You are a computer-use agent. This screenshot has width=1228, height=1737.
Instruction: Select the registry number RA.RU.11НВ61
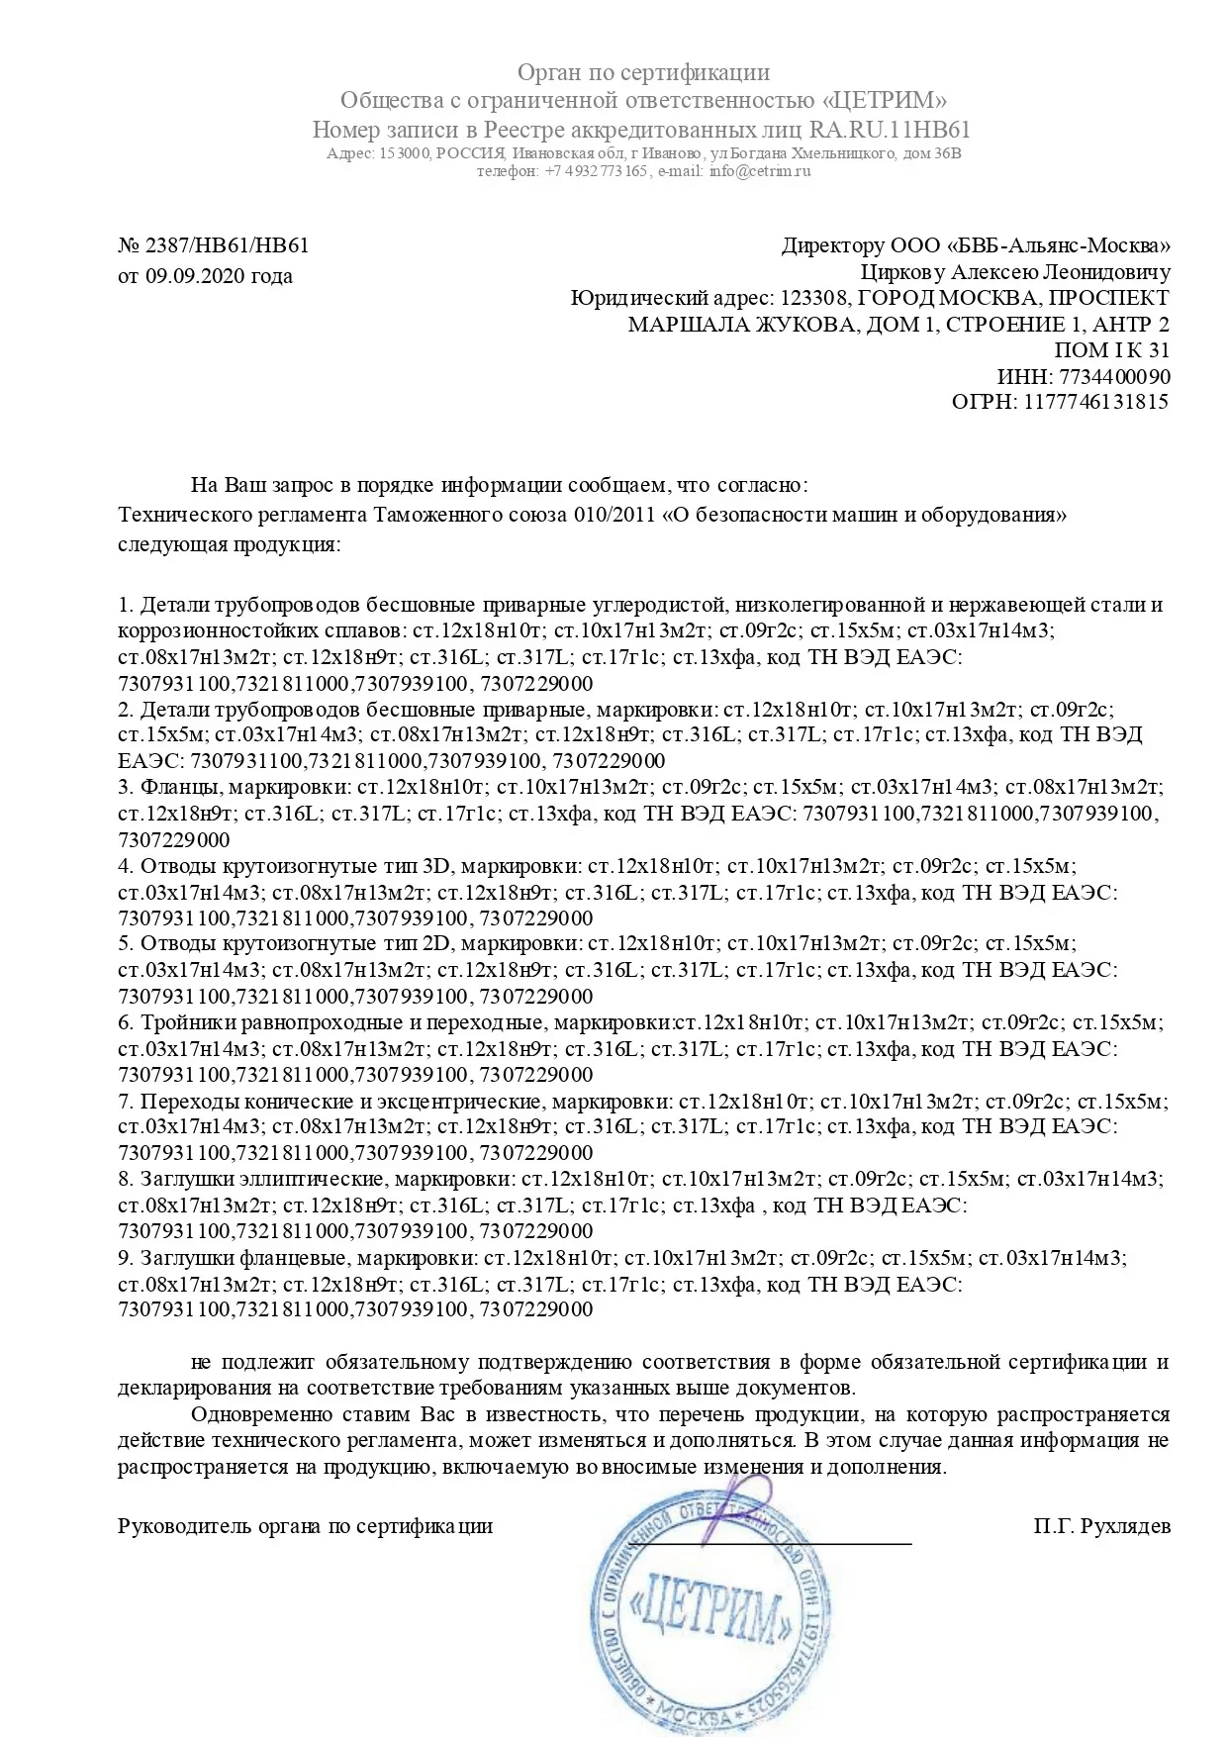890,130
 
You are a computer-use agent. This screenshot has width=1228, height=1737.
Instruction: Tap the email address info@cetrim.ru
760,171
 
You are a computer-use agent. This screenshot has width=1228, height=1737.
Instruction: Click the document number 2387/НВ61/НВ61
227,245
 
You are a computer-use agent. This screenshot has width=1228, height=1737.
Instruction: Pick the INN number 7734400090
1114,376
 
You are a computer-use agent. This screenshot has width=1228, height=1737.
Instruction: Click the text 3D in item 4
436,866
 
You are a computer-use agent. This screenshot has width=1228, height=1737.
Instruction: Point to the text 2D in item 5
436,944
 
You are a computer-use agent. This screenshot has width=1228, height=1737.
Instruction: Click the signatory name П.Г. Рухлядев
1101,1525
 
